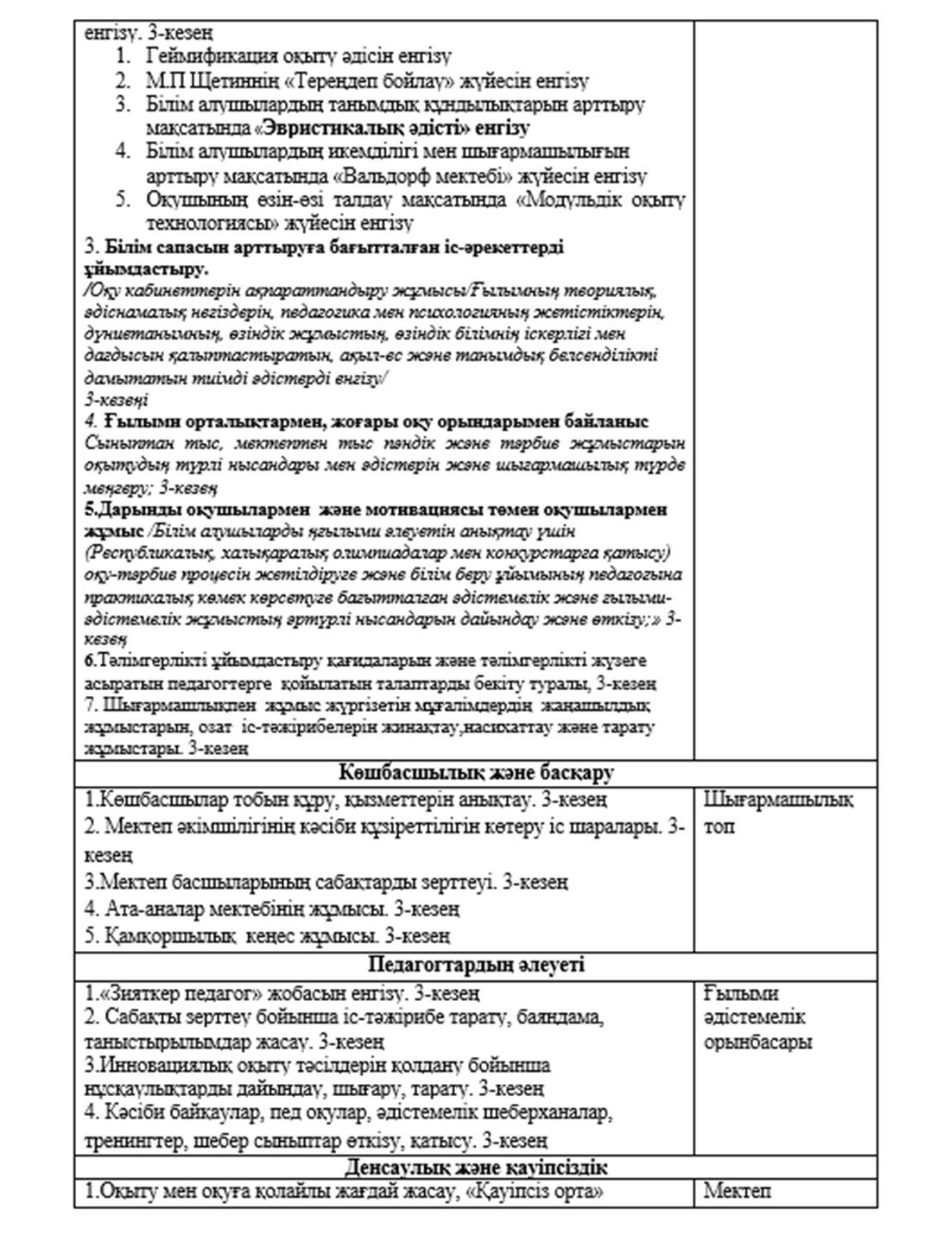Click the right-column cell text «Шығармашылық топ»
coord(777,813)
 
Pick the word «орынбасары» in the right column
coord(757,1042)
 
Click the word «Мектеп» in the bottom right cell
coord(737,1192)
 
